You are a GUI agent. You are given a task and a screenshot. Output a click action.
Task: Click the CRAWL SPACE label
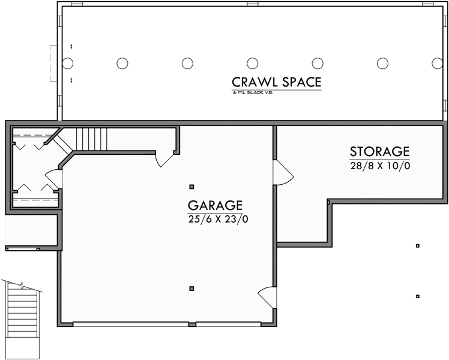click(277, 82)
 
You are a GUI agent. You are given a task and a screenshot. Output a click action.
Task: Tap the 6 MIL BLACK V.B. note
click(253, 94)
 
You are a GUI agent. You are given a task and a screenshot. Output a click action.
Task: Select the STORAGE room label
click(379, 151)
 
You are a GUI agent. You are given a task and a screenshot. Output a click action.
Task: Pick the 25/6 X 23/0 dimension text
click(217, 219)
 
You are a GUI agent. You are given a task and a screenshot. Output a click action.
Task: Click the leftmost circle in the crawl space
click(67, 63)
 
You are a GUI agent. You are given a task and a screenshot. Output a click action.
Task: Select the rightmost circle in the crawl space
click(437, 63)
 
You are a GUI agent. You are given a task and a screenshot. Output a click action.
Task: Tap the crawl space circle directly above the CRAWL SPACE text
click(253, 63)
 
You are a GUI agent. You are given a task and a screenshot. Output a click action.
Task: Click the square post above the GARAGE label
click(191, 187)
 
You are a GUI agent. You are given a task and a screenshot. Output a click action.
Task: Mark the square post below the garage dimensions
click(191, 289)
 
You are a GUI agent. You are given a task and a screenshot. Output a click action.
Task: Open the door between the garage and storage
click(283, 173)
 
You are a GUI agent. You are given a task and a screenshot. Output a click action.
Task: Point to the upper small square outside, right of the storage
click(417, 246)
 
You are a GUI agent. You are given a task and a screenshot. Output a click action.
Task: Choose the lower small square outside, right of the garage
click(417, 296)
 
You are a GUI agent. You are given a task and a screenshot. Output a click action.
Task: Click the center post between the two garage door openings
click(191, 325)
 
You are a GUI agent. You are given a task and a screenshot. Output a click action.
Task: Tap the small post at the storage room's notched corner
click(328, 203)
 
